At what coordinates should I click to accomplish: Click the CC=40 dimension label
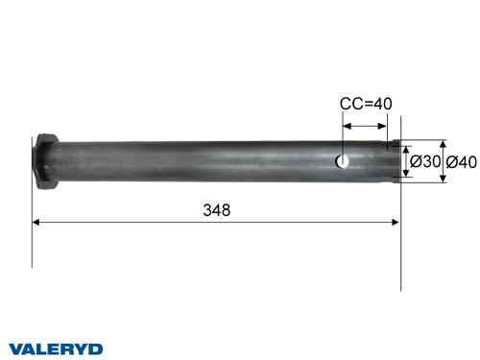(366, 105)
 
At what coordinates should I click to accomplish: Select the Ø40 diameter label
(461, 162)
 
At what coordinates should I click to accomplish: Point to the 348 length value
(216, 210)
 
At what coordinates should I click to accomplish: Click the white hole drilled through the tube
(343, 161)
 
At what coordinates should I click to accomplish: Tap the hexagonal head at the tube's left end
(44, 161)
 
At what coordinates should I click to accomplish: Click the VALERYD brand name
(57, 348)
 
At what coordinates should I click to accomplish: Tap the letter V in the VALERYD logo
(16, 348)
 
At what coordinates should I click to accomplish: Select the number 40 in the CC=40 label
(381, 105)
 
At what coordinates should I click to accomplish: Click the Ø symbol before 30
(416, 162)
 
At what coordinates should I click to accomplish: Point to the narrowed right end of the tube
(392, 161)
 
